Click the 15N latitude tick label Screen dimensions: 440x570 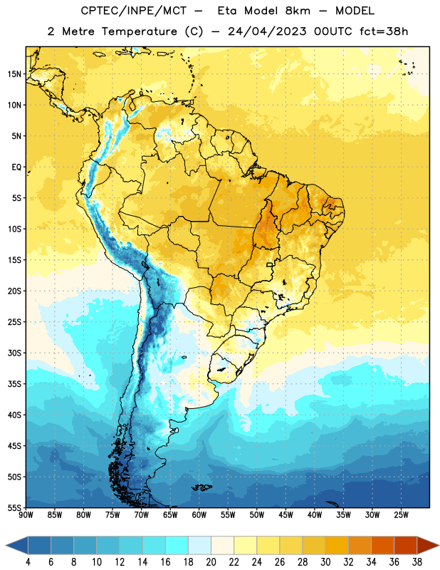14,74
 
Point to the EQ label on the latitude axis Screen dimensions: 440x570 16,167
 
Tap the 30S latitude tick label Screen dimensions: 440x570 14,353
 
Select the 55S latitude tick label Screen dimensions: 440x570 14,508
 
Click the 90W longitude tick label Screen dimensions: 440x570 26,515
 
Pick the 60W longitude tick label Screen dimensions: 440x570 199,515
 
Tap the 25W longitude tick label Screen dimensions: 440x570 401,515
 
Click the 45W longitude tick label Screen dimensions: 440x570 286,515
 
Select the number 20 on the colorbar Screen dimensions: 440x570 211,562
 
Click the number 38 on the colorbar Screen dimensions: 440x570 417,562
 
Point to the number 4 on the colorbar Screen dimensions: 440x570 28,562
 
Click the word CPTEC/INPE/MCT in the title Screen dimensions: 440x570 134,11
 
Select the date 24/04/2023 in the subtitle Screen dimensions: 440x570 267,31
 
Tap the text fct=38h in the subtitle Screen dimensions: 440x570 384,31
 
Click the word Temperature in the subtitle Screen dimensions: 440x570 139,31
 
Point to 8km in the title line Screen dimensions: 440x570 298,11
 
